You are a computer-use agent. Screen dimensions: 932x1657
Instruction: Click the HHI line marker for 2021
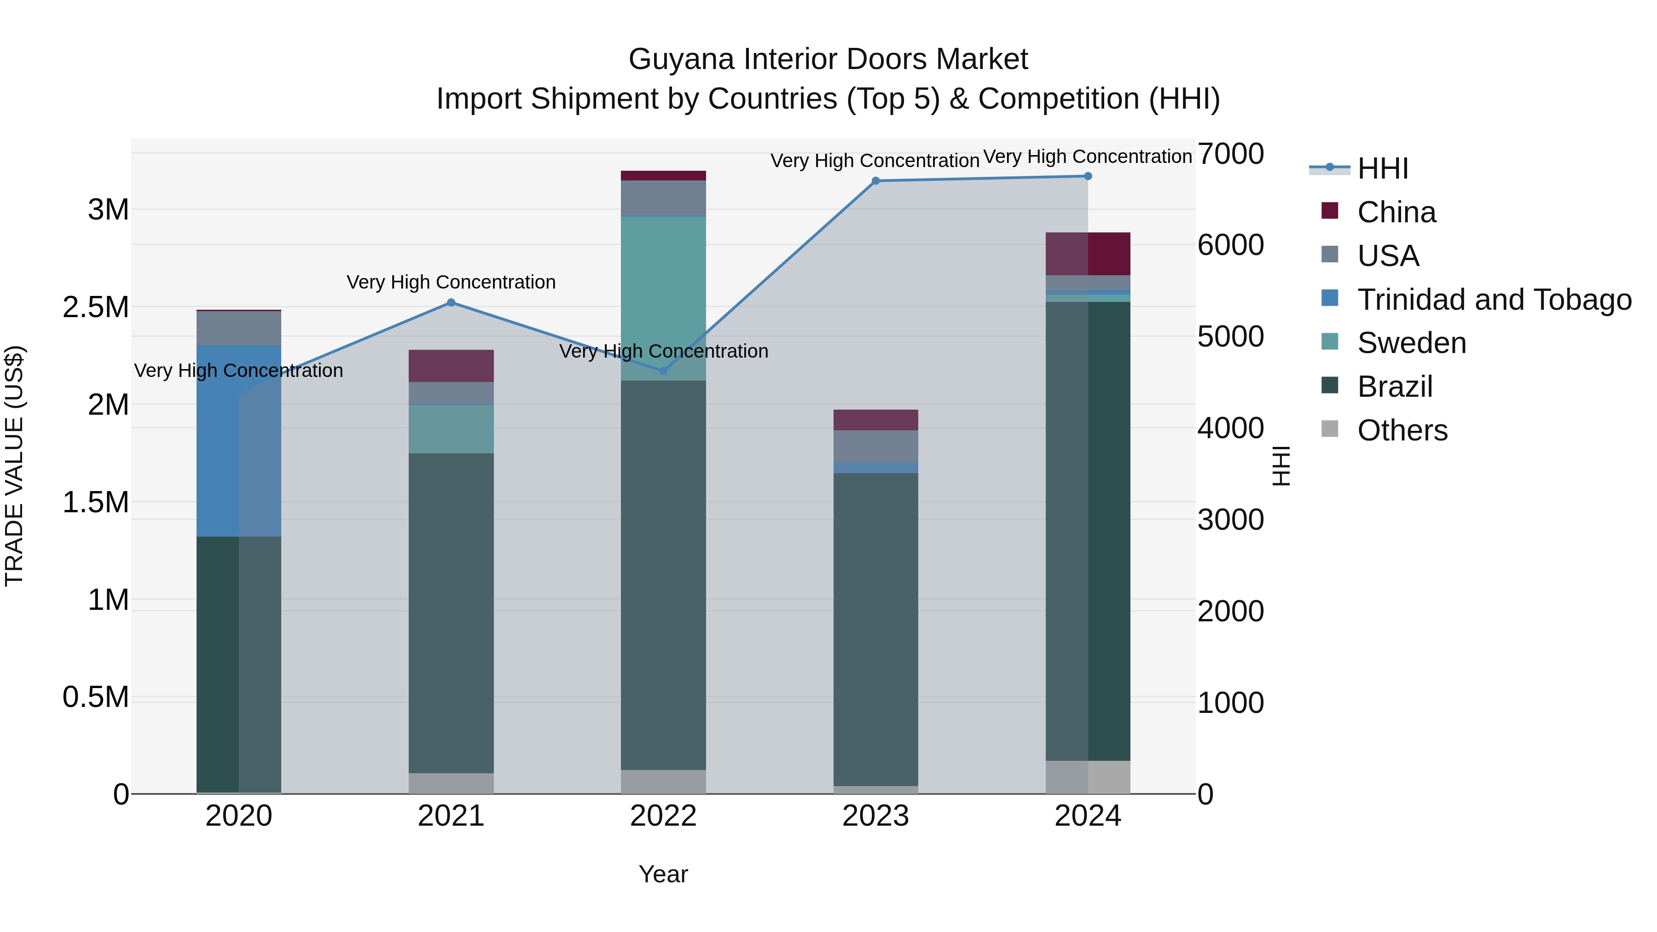tap(451, 302)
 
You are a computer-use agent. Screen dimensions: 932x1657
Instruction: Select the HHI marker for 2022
tap(663, 371)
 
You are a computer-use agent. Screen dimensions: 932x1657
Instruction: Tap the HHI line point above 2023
tap(875, 181)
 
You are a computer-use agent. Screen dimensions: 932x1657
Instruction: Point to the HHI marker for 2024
tap(1088, 176)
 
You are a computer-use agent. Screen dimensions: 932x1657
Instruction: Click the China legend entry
tap(1396, 212)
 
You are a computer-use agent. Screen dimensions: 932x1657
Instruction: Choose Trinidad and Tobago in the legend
tap(1494, 300)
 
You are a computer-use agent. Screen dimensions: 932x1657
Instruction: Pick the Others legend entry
tap(1402, 430)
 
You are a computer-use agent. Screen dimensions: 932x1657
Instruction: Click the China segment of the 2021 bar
tap(451, 366)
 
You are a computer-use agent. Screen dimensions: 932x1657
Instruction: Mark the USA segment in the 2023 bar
tap(875, 446)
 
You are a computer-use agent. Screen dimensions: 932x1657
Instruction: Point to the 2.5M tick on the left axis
tap(96, 307)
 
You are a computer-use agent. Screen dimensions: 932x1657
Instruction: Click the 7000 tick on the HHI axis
tap(1230, 154)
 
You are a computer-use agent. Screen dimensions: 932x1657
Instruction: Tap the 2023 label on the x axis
tap(875, 816)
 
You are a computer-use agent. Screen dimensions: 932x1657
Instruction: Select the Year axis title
tap(663, 874)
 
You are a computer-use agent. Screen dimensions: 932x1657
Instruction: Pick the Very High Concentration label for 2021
tap(451, 283)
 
